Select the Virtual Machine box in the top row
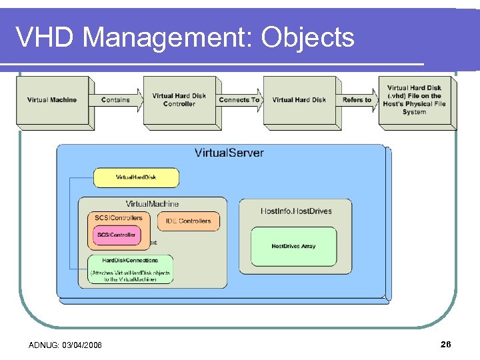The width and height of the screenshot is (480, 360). tap(52, 100)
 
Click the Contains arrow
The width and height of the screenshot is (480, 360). tap(117, 100)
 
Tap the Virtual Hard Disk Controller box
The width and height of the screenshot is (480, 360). tap(179, 100)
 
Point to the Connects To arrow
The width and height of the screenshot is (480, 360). tap(239, 100)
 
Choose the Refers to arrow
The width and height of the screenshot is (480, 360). tap(357, 100)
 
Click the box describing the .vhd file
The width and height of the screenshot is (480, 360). tap(414, 100)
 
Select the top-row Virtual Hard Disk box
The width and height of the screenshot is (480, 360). tap(299, 100)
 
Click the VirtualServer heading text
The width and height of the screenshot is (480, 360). tap(229, 153)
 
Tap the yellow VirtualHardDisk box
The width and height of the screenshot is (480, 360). tap(136, 177)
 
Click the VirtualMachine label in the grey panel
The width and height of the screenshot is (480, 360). tap(152, 203)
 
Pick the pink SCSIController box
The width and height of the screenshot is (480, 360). tap(116, 235)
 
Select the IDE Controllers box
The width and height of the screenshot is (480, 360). tap(188, 221)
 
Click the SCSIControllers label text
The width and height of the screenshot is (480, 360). tap(118, 217)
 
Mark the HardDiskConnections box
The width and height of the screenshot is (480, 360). tap(130, 269)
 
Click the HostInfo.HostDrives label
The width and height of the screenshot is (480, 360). tap(295, 211)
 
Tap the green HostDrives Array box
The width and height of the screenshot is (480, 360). tap(293, 246)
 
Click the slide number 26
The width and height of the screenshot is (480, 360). tap(445, 344)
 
